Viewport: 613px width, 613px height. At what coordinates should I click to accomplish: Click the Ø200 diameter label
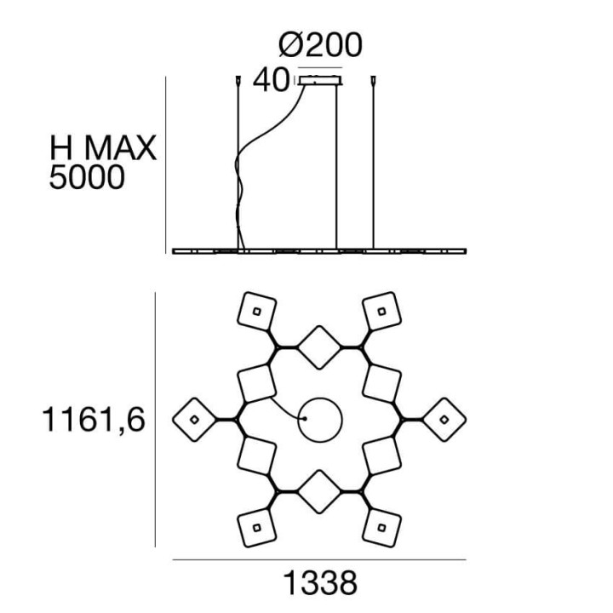(320, 45)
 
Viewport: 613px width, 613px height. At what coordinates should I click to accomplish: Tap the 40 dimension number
(271, 80)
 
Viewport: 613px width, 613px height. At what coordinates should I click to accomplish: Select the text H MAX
(103, 148)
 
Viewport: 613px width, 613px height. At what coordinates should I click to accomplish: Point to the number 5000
(87, 177)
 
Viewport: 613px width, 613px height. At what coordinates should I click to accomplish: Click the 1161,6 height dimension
(93, 420)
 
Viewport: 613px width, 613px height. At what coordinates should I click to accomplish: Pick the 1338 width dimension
(319, 583)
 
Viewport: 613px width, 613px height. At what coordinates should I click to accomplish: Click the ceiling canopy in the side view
(321, 80)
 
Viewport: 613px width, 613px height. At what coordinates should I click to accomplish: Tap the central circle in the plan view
(320, 398)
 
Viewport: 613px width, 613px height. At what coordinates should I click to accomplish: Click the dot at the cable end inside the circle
(305, 419)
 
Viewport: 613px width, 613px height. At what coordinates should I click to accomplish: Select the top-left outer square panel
(257, 312)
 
